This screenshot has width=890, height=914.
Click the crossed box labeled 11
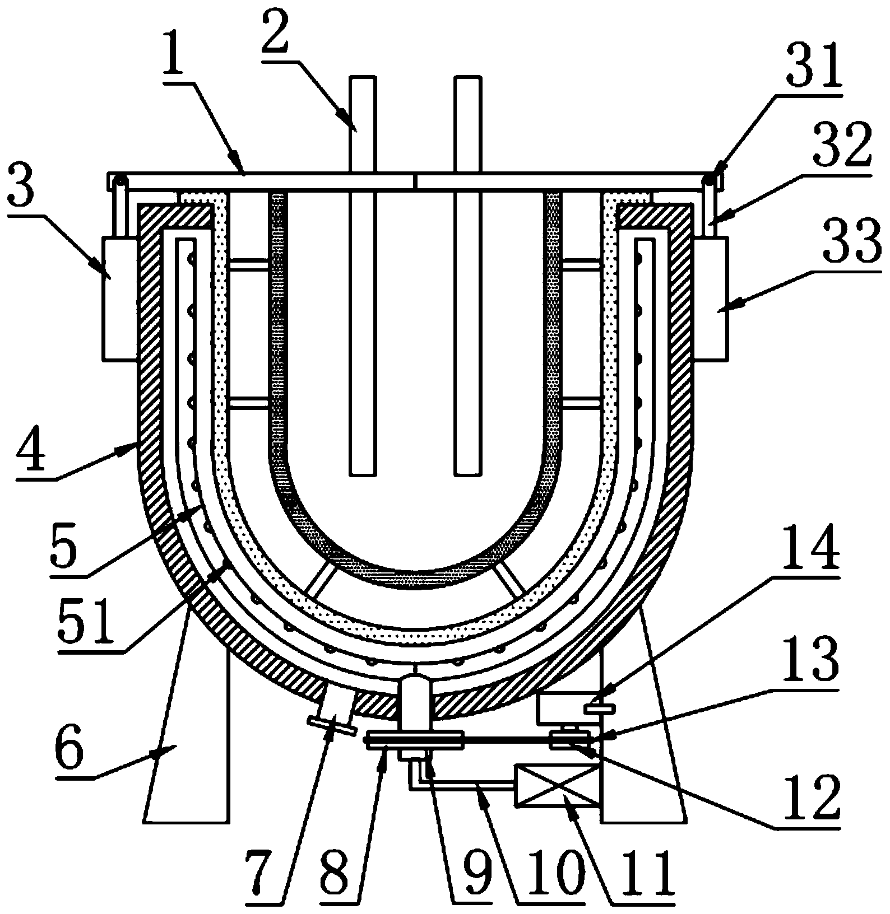pos(557,786)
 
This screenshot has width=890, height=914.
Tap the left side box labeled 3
pos(119,297)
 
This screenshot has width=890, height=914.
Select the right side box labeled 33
pos(711,297)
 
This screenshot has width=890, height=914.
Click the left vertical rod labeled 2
pos(362,277)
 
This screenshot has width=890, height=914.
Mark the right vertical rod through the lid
pos(469,277)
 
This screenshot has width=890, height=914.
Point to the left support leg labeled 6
pos(187,717)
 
